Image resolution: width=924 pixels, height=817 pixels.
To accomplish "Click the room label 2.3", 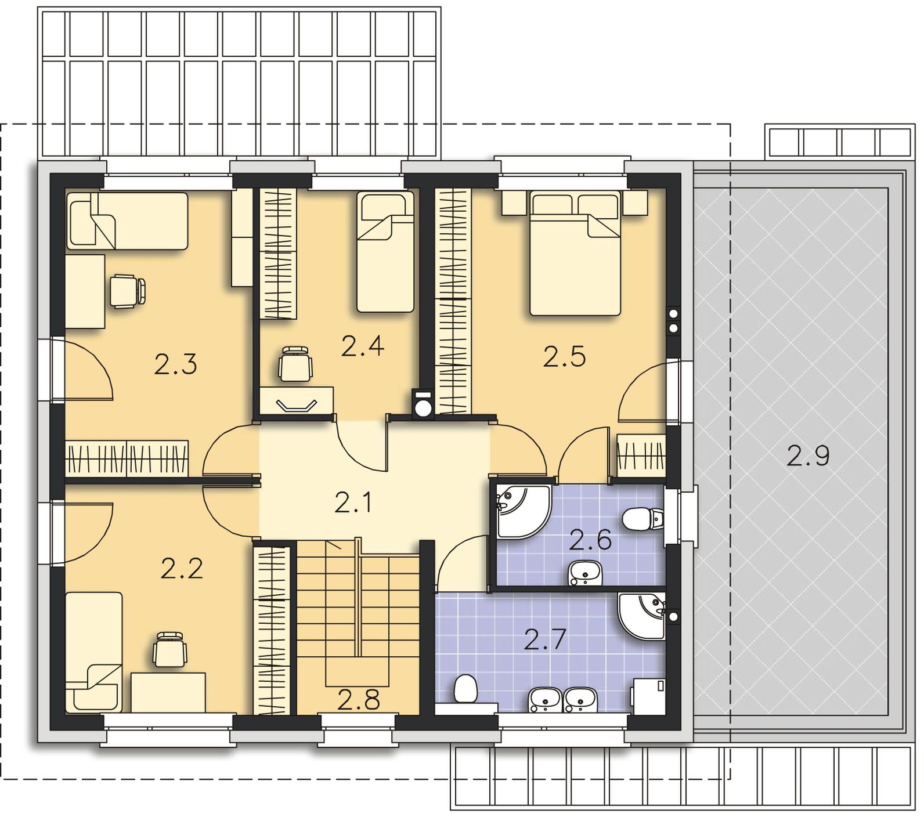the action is click(176, 364).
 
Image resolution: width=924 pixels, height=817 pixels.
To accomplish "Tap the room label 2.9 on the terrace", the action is click(808, 456).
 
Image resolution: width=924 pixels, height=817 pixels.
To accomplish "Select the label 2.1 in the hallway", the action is click(354, 503).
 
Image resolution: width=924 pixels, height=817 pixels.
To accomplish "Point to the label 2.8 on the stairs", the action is click(359, 701).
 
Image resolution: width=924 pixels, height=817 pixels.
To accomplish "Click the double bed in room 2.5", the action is click(575, 254).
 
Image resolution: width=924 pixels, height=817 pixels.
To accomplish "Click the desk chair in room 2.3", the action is click(127, 291).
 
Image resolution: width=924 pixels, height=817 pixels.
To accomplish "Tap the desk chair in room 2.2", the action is click(170, 649).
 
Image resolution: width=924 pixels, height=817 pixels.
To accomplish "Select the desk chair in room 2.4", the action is click(295, 364).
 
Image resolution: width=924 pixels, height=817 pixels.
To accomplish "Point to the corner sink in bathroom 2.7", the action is click(641, 615).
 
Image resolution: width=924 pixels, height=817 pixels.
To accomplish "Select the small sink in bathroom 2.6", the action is click(586, 573).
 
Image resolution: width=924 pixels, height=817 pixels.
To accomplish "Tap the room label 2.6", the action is click(590, 540).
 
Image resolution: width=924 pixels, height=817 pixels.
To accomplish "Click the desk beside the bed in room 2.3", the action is click(85, 291).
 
